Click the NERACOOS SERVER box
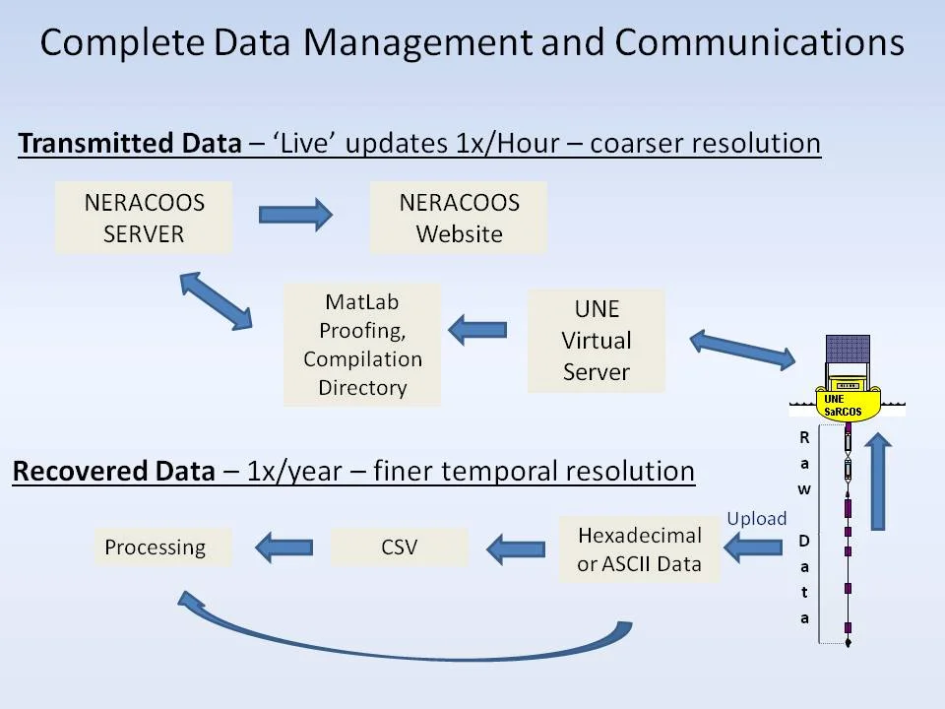click(144, 218)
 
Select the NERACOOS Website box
click(458, 218)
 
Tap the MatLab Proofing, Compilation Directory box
click(361, 345)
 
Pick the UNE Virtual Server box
click(596, 341)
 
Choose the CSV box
click(399, 547)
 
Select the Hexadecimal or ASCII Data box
click(639, 549)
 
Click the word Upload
click(757, 518)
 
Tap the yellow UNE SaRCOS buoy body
click(848, 391)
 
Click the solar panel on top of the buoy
click(848, 350)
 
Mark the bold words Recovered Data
click(113, 471)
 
